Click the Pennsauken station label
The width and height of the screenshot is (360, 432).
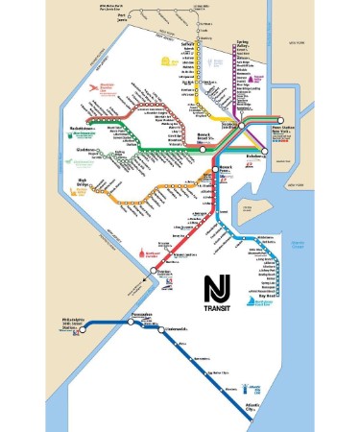point(145,314)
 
